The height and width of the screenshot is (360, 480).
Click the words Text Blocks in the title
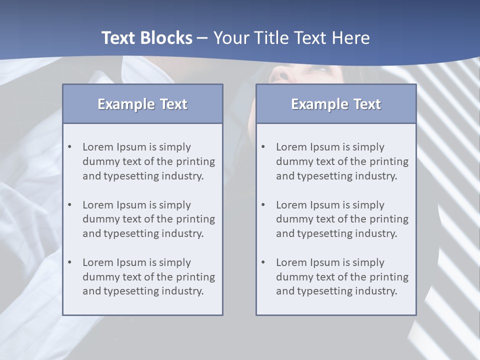click(x=146, y=38)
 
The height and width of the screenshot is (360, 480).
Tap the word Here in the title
click(x=350, y=38)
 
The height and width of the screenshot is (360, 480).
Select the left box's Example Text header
click(x=142, y=104)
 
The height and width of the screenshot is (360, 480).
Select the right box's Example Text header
click(x=336, y=104)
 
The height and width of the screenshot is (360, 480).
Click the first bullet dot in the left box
click(x=70, y=147)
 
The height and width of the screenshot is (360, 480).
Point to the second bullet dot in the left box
click(x=70, y=205)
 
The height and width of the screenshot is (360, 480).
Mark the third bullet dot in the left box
click(x=70, y=262)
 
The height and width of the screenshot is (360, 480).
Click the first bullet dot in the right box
click(x=263, y=147)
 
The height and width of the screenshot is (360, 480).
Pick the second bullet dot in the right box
click(x=263, y=205)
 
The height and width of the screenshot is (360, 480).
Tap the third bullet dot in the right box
click(x=263, y=262)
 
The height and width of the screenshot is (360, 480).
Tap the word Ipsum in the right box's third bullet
click(x=325, y=262)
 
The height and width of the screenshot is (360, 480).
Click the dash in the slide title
click(x=202, y=38)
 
